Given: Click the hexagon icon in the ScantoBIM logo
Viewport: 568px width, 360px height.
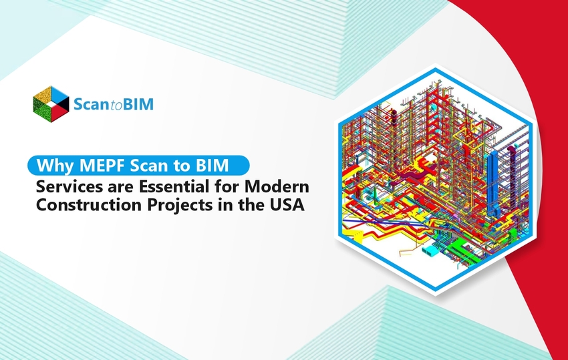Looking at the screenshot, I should pyautogui.click(x=51, y=102).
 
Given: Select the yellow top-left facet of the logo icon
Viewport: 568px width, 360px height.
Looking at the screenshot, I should pyautogui.click(x=42, y=94).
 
